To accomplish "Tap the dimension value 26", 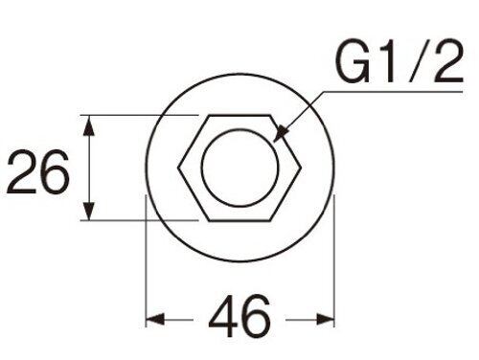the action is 38,172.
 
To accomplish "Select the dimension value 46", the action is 239,316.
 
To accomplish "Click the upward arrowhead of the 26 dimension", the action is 90,125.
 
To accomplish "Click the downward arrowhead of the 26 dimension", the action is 90,210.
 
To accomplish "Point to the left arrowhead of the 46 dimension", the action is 155,319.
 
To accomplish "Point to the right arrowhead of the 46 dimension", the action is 325,319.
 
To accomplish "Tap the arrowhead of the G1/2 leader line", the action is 281,133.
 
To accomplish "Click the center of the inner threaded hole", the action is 239,168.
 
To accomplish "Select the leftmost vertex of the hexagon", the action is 178,168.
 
